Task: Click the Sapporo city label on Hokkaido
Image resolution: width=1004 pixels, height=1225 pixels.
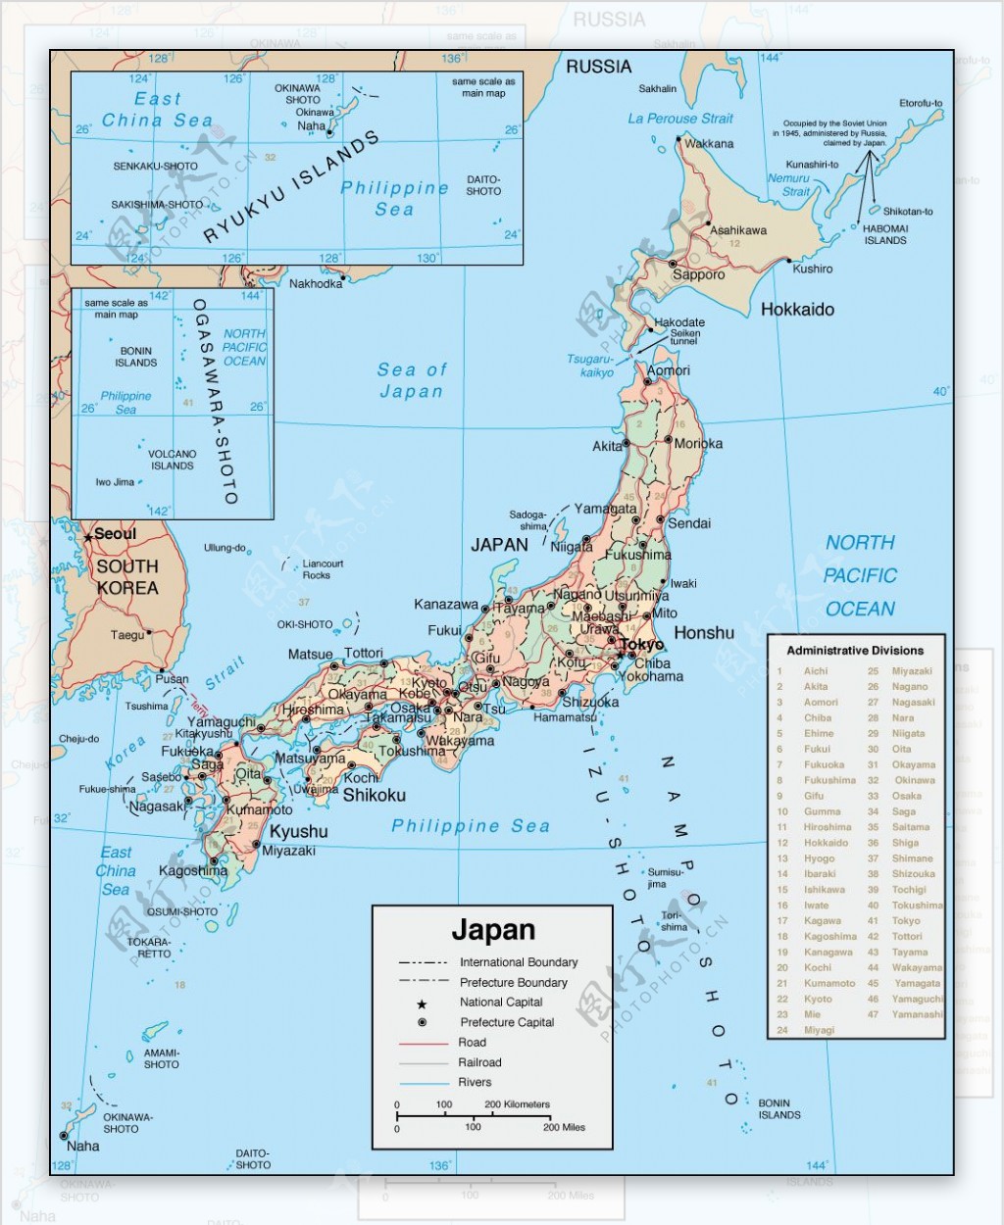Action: (x=698, y=275)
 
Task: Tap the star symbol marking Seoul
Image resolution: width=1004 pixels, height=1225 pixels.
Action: (x=88, y=537)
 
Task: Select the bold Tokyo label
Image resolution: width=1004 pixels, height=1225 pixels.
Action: (x=642, y=645)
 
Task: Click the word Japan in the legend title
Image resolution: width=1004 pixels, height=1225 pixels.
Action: (x=492, y=930)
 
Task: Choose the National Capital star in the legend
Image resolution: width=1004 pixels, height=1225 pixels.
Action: (x=422, y=1004)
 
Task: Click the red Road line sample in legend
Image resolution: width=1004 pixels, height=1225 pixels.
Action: (x=423, y=1043)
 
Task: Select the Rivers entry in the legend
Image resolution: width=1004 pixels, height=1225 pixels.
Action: (x=475, y=1083)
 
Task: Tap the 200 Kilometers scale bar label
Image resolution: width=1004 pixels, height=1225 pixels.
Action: (x=517, y=1104)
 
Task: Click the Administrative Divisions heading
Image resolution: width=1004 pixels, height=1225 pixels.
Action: (x=855, y=651)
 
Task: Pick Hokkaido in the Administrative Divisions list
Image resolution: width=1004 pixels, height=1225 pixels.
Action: (x=826, y=843)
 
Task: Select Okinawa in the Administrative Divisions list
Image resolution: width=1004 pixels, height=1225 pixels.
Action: (x=914, y=781)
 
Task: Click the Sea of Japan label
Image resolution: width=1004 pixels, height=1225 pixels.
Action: (x=412, y=380)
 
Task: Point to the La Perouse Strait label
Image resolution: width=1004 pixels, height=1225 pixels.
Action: (x=680, y=119)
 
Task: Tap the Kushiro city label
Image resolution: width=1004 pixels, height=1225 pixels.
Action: (x=813, y=269)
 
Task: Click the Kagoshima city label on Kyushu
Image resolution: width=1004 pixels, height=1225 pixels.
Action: (x=193, y=871)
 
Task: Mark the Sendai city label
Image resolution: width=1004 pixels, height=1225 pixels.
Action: (x=689, y=523)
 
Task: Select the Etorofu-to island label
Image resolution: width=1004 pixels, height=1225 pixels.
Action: (x=921, y=104)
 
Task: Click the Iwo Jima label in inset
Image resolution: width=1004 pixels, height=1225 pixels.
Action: (x=115, y=482)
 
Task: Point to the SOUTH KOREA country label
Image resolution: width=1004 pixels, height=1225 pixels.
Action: (x=126, y=577)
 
